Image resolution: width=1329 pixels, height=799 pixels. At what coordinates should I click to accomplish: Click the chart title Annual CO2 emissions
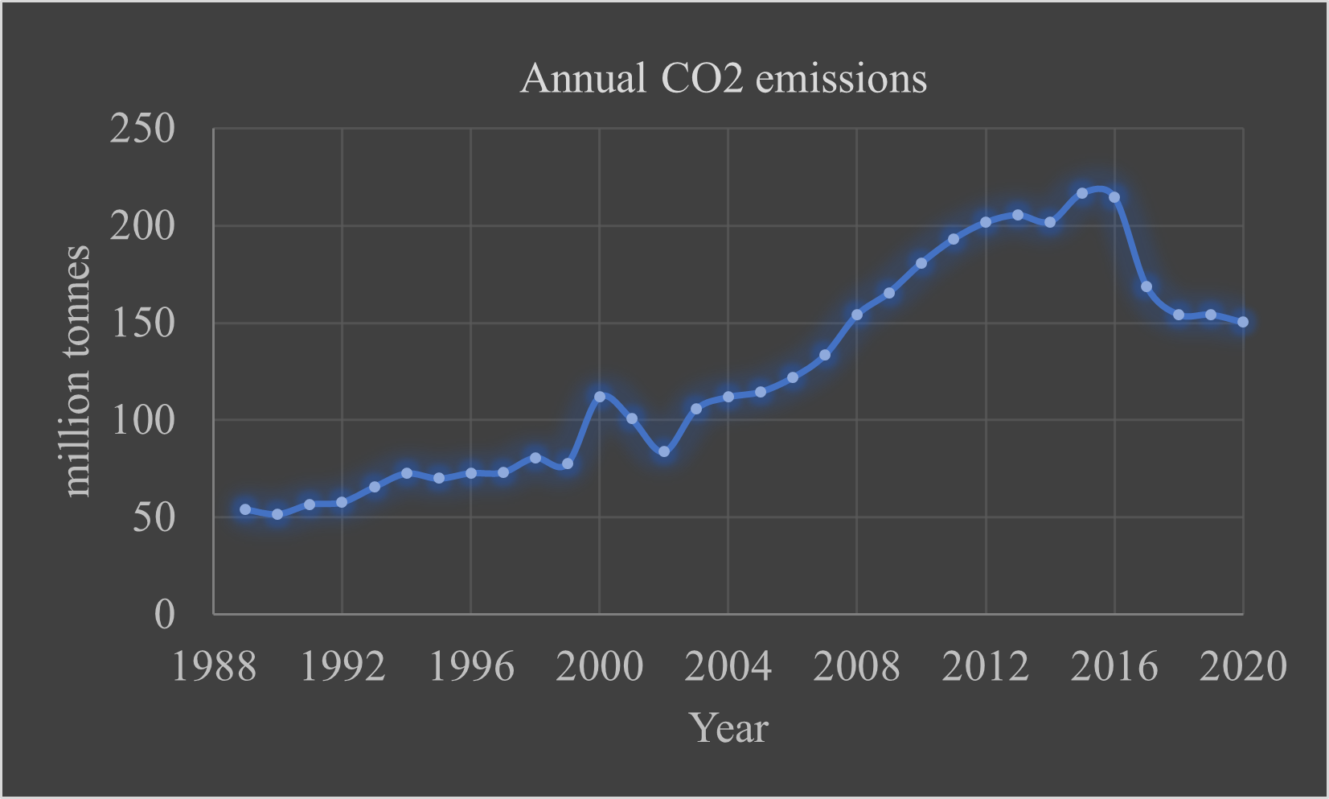pyautogui.click(x=723, y=79)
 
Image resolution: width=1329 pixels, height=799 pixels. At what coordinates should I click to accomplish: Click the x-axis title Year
pyautogui.click(x=728, y=727)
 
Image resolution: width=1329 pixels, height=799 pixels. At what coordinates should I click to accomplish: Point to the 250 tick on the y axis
pyautogui.click(x=142, y=129)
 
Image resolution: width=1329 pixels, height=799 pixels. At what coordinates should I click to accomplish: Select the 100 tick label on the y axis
pyautogui.click(x=142, y=420)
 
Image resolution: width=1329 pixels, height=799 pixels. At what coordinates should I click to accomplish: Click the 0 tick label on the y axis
pyautogui.click(x=164, y=615)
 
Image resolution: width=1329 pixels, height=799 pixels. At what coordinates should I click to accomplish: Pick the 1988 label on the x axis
pyautogui.click(x=214, y=667)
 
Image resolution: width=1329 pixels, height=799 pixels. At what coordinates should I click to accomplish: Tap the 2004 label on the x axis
pyautogui.click(x=728, y=667)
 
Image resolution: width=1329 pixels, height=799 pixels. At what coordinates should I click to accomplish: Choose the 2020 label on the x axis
pyautogui.click(x=1242, y=667)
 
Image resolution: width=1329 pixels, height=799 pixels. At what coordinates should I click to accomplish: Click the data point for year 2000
pyautogui.click(x=600, y=397)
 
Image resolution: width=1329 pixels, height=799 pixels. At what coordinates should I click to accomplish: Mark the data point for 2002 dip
pyautogui.click(x=664, y=452)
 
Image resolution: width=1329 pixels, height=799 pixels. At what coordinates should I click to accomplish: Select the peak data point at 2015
pyautogui.click(x=1082, y=193)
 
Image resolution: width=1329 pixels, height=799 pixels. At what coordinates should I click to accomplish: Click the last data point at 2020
pyautogui.click(x=1243, y=322)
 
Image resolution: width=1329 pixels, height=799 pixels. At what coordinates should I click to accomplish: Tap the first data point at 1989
pyautogui.click(x=245, y=509)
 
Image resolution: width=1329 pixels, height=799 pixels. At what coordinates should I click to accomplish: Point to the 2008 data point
pyautogui.click(x=857, y=315)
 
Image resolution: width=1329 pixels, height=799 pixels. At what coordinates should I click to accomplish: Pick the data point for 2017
pyautogui.click(x=1146, y=286)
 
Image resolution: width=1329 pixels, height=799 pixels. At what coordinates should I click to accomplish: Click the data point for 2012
pyautogui.click(x=986, y=222)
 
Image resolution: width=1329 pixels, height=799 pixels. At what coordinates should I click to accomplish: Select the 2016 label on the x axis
pyautogui.click(x=1114, y=667)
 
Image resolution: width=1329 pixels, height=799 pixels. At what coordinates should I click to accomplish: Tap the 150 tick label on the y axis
pyautogui.click(x=142, y=323)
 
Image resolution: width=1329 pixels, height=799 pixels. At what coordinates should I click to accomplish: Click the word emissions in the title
pyautogui.click(x=841, y=79)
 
